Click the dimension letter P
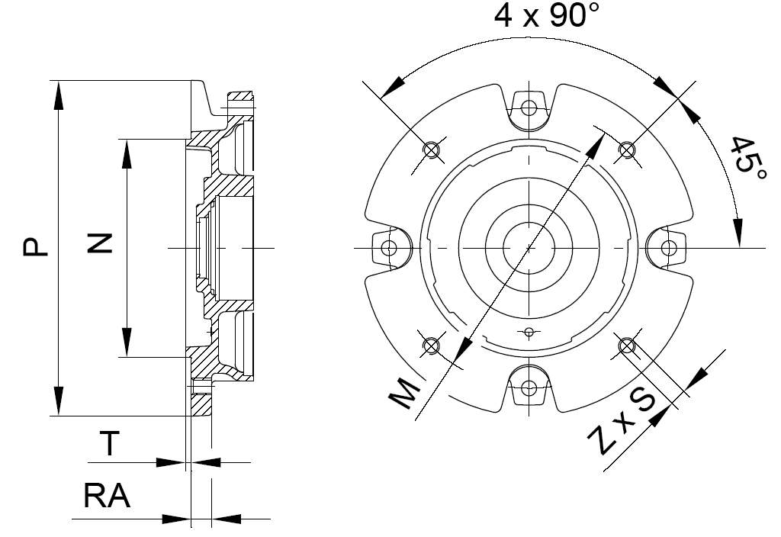pos(36,247)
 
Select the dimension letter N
pos(100,243)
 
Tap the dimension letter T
pos(110,443)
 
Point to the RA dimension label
pos(107,496)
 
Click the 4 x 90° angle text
pos(546,15)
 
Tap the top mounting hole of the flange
pos(529,107)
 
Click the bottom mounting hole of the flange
pos(529,387)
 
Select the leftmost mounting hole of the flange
pos(389,247)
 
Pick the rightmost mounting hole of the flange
pos(669,247)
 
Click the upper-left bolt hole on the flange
pos(431,149)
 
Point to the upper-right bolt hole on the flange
pos(627,149)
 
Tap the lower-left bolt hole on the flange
pos(431,345)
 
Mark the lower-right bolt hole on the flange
pos(627,345)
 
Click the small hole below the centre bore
pos(529,331)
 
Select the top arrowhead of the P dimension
pos(59,95)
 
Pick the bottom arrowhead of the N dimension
pos(127,342)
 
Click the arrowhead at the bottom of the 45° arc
pos(738,232)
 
